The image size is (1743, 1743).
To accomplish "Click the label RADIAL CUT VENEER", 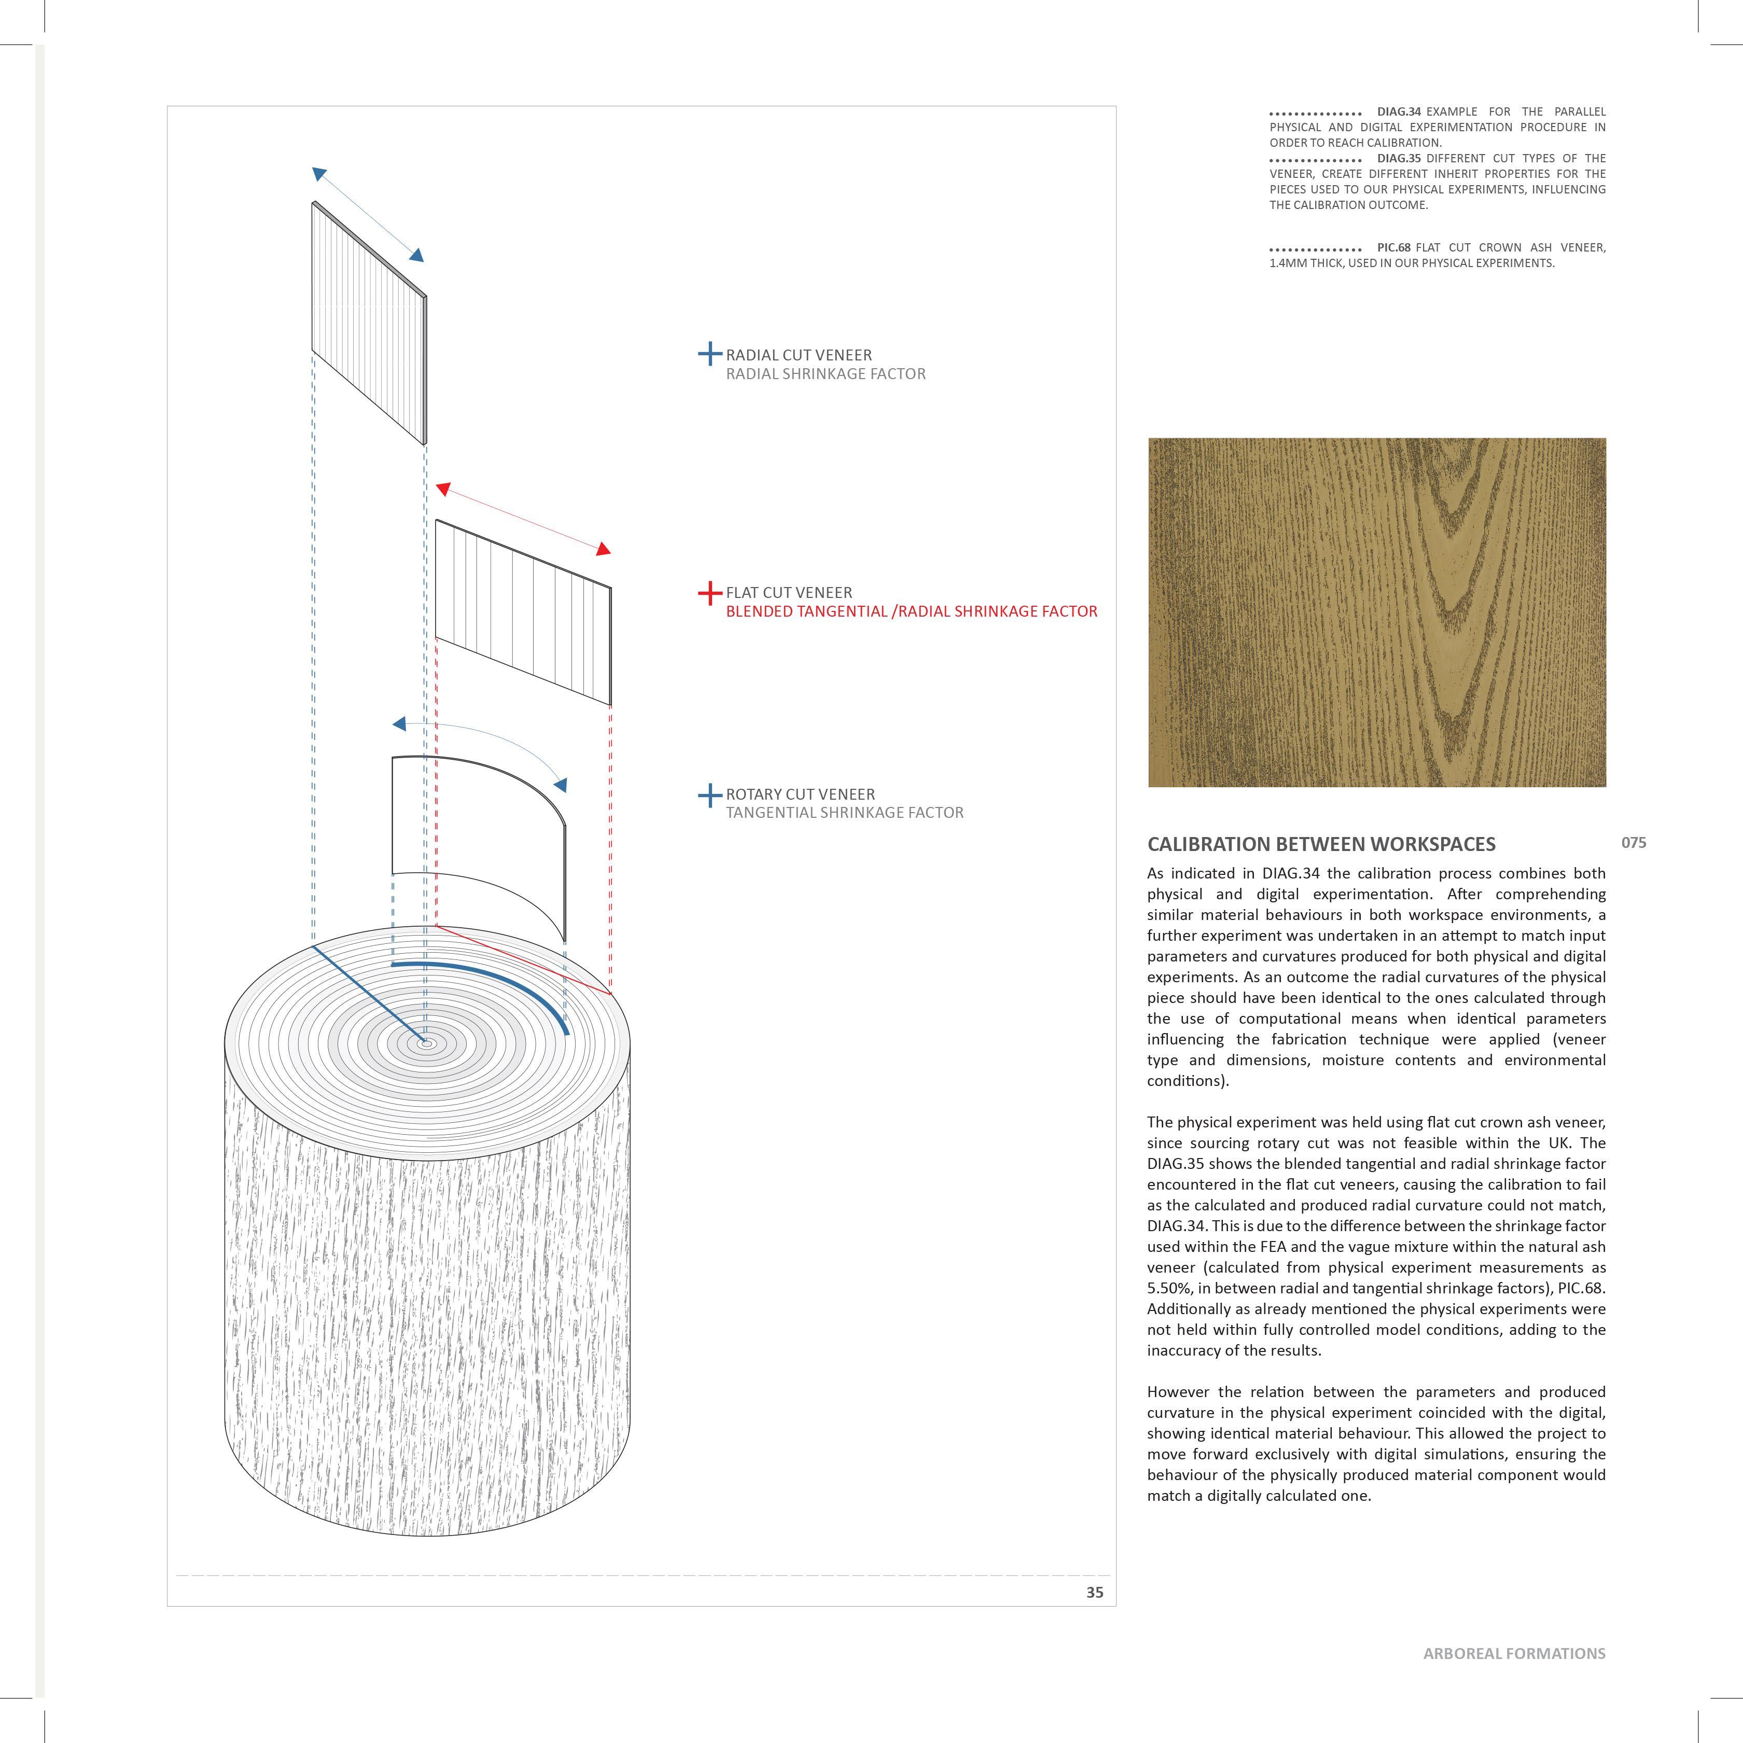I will point(799,355).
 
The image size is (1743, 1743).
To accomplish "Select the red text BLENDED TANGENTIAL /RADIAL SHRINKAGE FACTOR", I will point(911,611).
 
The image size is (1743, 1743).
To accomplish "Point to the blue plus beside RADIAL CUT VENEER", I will point(710,354).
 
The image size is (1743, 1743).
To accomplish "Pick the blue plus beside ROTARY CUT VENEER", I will point(710,795).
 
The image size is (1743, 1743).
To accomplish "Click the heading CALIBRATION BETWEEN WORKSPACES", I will point(1321,844).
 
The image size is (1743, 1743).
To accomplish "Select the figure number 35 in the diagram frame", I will point(1094,1592).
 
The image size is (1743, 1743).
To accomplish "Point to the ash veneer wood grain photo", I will point(1377,612).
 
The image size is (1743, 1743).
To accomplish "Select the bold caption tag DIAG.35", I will point(1398,158).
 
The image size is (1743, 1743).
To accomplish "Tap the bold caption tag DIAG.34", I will point(1398,112).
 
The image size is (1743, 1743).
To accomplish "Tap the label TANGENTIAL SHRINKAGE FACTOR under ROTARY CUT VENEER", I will point(844,813).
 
